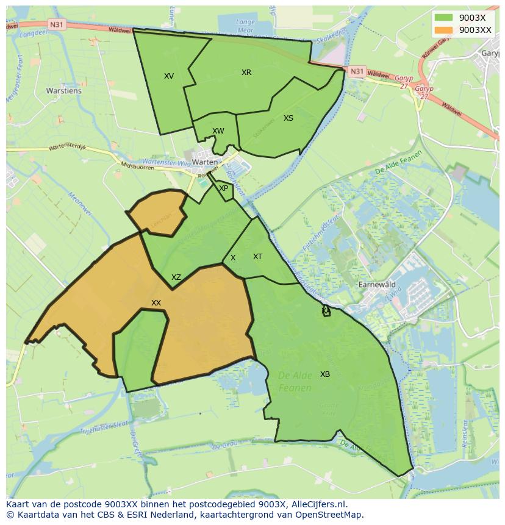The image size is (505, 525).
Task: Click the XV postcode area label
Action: click(x=169, y=76)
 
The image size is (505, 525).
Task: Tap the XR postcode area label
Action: click(x=246, y=73)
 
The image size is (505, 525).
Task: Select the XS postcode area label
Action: click(x=288, y=118)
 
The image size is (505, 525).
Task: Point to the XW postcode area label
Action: click(x=218, y=131)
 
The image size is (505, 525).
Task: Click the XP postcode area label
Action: click(x=224, y=188)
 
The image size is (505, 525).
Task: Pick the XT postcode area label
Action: click(x=257, y=257)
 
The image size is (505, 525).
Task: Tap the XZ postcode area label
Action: click(x=176, y=277)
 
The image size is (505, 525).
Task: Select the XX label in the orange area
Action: click(x=156, y=303)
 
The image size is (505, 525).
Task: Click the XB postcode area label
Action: click(x=325, y=374)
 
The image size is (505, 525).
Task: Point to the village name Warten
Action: click(x=204, y=162)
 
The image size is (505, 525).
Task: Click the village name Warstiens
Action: click(x=63, y=91)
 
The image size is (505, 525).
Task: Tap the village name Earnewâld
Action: click(x=377, y=285)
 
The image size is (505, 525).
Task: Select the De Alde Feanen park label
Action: click(x=295, y=381)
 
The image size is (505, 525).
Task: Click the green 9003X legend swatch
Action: click(x=443, y=17)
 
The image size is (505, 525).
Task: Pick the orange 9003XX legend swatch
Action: click(x=443, y=29)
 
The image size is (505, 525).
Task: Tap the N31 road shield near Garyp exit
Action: click(x=357, y=71)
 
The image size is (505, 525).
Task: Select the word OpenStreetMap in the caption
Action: click(x=331, y=515)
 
